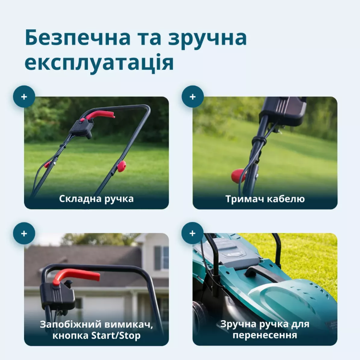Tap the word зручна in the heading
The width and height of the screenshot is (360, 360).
(x=207, y=39)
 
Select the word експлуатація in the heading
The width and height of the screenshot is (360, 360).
(x=99, y=63)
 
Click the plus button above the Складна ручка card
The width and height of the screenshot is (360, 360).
(x=24, y=97)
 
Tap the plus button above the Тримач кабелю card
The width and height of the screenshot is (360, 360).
(x=192, y=97)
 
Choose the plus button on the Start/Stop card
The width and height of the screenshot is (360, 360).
(x=24, y=233)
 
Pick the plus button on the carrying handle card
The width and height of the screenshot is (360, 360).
(x=192, y=233)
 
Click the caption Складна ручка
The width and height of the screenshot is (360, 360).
(x=96, y=199)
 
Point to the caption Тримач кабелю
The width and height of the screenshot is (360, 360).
(x=265, y=199)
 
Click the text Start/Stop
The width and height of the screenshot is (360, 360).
(x=116, y=335)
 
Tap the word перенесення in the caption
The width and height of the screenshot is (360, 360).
(x=264, y=335)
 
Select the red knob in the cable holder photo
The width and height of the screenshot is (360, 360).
(x=238, y=175)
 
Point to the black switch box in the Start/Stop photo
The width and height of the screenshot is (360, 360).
(x=58, y=296)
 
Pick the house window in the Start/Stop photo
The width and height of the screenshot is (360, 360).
(x=162, y=258)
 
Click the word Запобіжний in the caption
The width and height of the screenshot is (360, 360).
(x=71, y=324)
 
